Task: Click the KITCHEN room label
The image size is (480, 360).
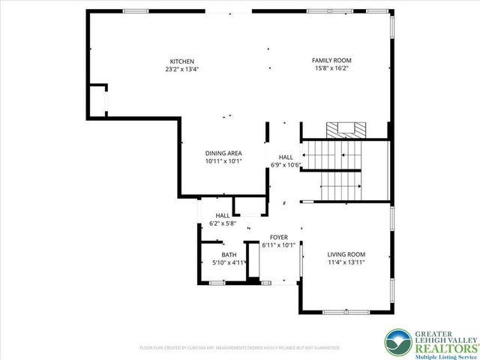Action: pyautogui.click(x=181, y=61)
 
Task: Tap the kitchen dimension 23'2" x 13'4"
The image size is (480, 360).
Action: pyautogui.click(x=181, y=69)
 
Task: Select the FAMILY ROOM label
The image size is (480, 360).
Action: pyautogui.click(x=331, y=60)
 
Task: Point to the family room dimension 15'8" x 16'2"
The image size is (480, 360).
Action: pyautogui.click(x=331, y=68)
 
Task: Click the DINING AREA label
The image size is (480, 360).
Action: pyautogui.click(x=223, y=153)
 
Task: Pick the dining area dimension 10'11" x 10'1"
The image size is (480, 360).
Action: pyautogui.click(x=223, y=161)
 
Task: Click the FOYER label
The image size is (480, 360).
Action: pyautogui.click(x=279, y=237)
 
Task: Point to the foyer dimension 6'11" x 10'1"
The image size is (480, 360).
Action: pyautogui.click(x=279, y=245)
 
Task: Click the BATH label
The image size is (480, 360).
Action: pyautogui.click(x=228, y=255)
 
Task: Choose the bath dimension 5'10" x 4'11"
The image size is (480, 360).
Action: pyautogui.click(x=228, y=263)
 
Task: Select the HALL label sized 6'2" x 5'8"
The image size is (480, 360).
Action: pyautogui.click(x=222, y=215)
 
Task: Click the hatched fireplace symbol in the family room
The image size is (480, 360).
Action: pyautogui.click(x=346, y=128)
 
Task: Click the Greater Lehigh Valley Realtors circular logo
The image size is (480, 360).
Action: pyautogui.click(x=396, y=342)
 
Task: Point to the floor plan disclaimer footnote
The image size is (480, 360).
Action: pyautogui.click(x=240, y=348)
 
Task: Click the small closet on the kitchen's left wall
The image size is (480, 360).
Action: pyautogui.click(x=97, y=99)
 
